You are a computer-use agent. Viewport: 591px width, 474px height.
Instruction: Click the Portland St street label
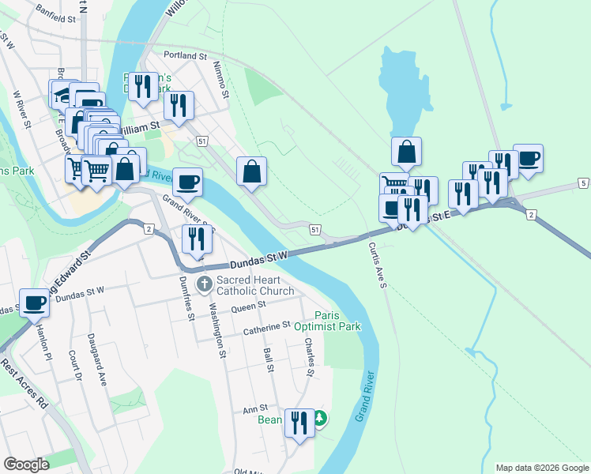185,56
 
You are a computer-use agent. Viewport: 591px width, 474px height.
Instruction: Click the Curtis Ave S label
376,265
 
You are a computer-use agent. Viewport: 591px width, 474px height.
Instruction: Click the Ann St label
251,409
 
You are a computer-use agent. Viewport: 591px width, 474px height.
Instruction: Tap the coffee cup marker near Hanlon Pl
35,302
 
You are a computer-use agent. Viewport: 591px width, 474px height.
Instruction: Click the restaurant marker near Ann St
299,422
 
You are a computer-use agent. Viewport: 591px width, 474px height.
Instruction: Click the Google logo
26,464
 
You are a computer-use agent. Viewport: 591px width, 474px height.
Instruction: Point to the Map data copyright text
541,468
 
